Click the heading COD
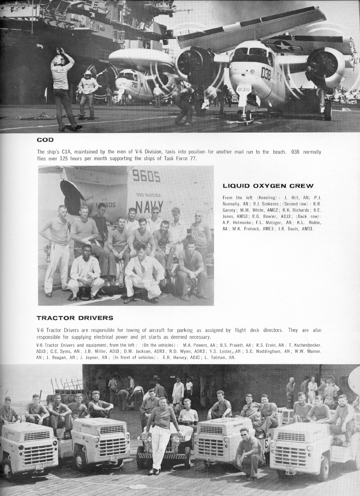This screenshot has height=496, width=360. (x=45, y=140)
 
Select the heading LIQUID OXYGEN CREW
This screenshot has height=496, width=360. (x=268, y=186)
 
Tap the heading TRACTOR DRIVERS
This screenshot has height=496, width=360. (x=75, y=318)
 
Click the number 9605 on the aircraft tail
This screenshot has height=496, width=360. (x=146, y=176)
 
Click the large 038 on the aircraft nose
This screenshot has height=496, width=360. (x=266, y=73)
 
